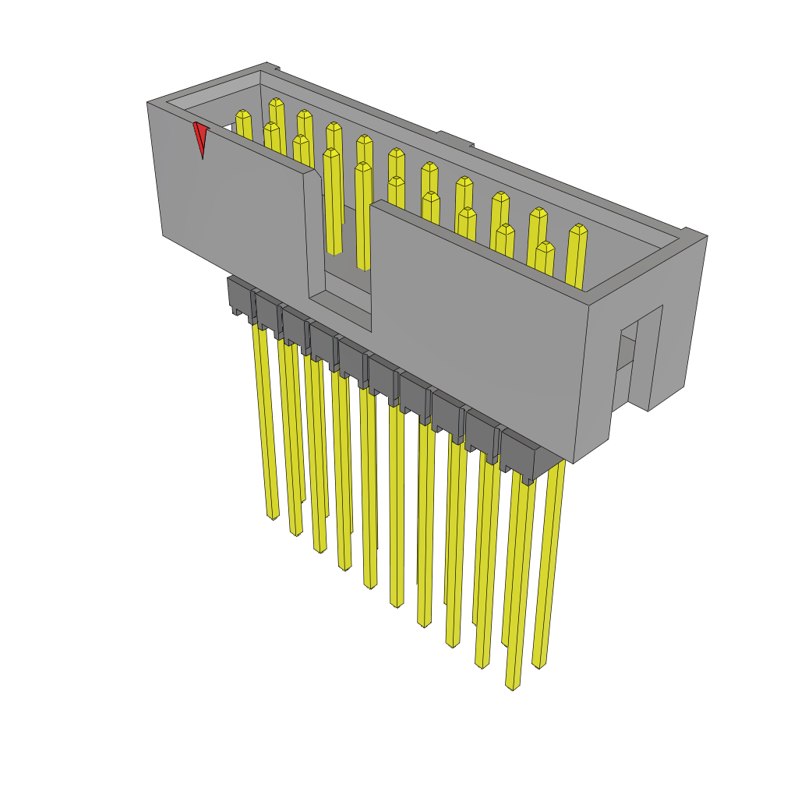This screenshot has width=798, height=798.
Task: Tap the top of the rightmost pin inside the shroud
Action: (577, 230)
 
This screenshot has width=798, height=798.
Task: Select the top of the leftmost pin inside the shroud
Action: (242, 115)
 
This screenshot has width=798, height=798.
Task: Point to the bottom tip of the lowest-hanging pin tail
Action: (512, 686)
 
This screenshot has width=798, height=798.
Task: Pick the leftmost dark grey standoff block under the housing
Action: (240, 295)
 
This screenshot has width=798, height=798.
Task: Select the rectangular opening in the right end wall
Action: (627, 351)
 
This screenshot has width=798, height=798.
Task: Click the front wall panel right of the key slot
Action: (475, 327)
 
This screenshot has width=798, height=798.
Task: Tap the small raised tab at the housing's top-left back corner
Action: (270, 66)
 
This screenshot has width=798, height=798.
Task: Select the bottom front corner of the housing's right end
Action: (574, 461)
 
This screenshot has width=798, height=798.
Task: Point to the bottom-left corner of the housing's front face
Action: (164, 235)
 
